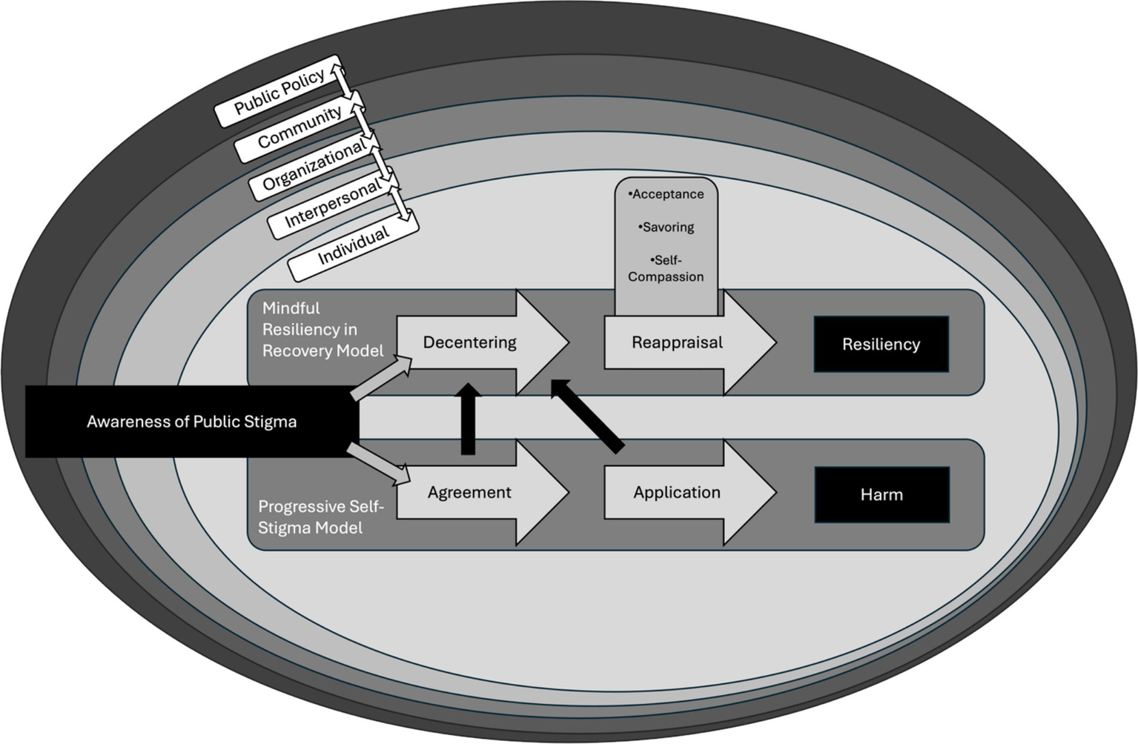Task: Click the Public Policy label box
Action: click(x=278, y=92)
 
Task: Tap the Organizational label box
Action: click(x=314, y=165)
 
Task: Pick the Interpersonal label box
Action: click(x=332, y=204)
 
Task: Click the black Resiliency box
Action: click(x=881, y=344)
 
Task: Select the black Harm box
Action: click(x=881, y=494)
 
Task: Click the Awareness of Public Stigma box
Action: click(x=192, y=422)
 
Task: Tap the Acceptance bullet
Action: click(x=666, y=194)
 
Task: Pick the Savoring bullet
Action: click(x=666, y=227)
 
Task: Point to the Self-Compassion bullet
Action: click(x=666, y=268)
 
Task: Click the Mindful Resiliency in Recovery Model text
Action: click(x=322, y=330)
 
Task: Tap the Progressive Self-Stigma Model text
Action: click(x=320, y=517)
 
